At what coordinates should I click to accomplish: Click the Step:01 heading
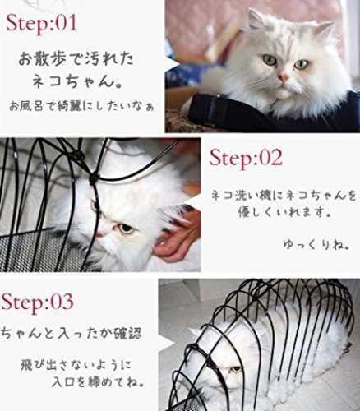pos(41,23)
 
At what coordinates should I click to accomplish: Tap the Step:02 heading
pos(246,157)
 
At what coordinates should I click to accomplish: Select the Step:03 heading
pos(37,302)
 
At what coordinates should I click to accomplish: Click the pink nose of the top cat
pos(283,78)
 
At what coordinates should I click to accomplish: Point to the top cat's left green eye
pos(270,60)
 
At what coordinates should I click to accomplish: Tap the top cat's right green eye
pos(302,65)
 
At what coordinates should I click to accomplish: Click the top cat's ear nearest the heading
pos(256,20)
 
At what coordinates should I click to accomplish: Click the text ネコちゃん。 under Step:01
pos(78,81)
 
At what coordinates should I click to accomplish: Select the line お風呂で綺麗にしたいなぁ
pos(81,106)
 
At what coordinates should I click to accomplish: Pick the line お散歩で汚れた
pos(76,59)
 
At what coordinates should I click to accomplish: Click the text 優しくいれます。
pos(285,212)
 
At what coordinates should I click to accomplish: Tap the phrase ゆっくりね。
pos(316,244)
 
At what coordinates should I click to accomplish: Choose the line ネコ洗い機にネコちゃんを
pos(284,196)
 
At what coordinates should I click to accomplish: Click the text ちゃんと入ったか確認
pos(71,334)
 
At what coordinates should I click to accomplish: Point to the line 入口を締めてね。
pos(98,381)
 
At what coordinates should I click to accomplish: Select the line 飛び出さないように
pos(76,365)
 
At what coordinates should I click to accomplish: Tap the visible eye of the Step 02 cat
pos(127,228)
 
